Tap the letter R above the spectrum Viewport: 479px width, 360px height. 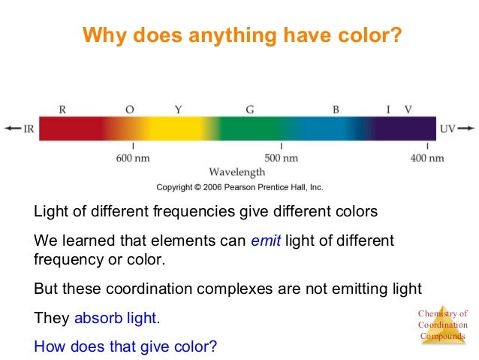62,109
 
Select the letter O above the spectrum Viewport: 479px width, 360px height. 130,109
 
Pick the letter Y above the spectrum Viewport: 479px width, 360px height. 178,109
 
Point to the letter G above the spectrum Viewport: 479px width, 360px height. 250,109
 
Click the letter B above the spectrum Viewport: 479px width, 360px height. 336,109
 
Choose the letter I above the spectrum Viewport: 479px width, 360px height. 388,109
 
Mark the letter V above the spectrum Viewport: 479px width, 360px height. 408,109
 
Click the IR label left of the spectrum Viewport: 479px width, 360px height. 29,129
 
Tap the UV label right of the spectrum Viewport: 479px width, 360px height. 447,129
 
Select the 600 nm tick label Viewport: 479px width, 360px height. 133,158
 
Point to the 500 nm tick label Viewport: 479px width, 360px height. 282,158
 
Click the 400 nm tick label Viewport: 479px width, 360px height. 427,158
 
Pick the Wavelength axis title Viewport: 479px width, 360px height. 237,172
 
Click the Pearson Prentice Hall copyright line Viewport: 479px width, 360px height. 239,187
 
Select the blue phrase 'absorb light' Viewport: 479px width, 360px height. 116,318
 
